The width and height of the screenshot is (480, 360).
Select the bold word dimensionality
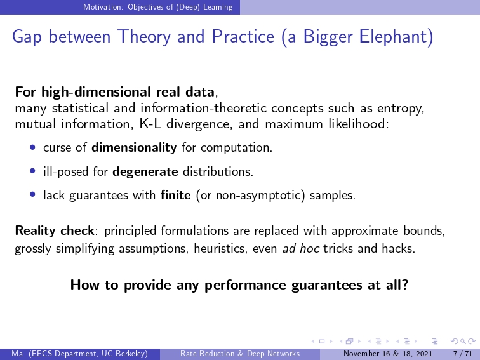(x=134, y=148)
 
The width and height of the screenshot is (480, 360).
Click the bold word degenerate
(x=145, y=172)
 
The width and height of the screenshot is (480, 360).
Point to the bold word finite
(x=176, y=195)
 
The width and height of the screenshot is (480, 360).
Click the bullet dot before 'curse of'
(x=33, y=147)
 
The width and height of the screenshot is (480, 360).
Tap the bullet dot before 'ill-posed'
(x=33, y=171)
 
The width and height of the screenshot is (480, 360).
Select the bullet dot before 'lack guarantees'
(x=33, y=194)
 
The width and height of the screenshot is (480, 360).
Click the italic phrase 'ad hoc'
(x=300, y=249)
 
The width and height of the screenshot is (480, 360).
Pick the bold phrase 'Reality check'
(x=55, y=231)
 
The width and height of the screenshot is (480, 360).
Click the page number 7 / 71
(x=463, y=354)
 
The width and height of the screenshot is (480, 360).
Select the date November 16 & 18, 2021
(x=387, y=354)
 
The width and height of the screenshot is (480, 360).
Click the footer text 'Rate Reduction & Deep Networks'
(x=240, y=354)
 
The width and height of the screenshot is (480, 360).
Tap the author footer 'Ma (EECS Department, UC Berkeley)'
(x=79, y=354)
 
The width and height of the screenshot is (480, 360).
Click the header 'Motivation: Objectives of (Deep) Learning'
(x=157, y=7)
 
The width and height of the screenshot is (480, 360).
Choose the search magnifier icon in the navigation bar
(x=463, y=342)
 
